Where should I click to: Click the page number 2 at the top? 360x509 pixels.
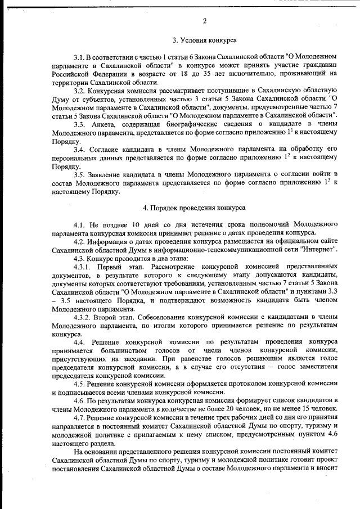(x=205, y=21)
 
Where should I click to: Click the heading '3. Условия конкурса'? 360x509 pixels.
(x=204, y=40)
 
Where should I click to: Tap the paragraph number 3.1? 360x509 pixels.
(x=79, y=57)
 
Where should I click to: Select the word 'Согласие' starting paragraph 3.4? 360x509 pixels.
(x=105, y=149)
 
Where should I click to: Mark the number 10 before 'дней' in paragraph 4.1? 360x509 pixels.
(x=133, y=225)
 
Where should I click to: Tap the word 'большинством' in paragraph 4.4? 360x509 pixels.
(x=79, y=350)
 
